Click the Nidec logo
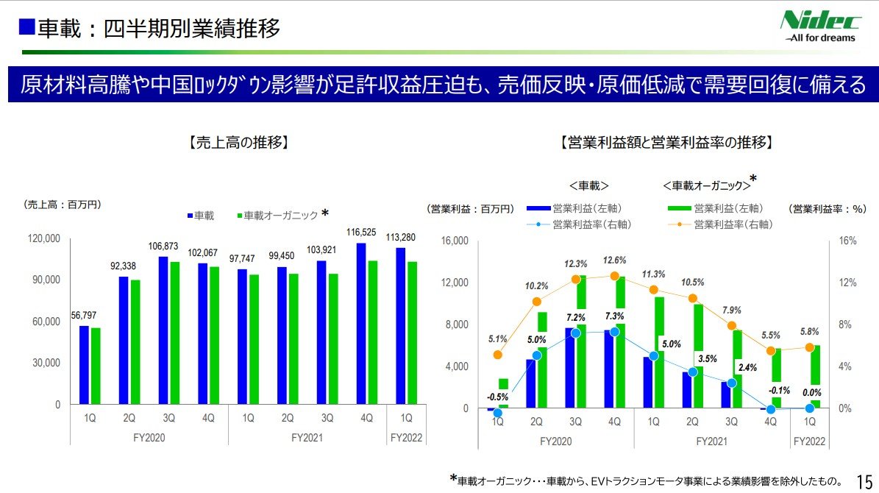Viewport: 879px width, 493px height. pyautogui.click(x=818, y=26)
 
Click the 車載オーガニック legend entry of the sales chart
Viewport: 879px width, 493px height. pyautogui.click(x=280, y=216)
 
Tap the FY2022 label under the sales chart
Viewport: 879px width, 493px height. pyautogui.click(x=406, y=437)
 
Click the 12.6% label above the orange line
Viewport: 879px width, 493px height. pyautogui.click(x=615, y=260)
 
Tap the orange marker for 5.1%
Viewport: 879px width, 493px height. pyautogui.click(x=498, y=355)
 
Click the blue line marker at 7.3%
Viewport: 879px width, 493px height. pyautogui.click(x=615, y=332)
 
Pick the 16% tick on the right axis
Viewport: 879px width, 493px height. pyautogui.click(x=848, y=241)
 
